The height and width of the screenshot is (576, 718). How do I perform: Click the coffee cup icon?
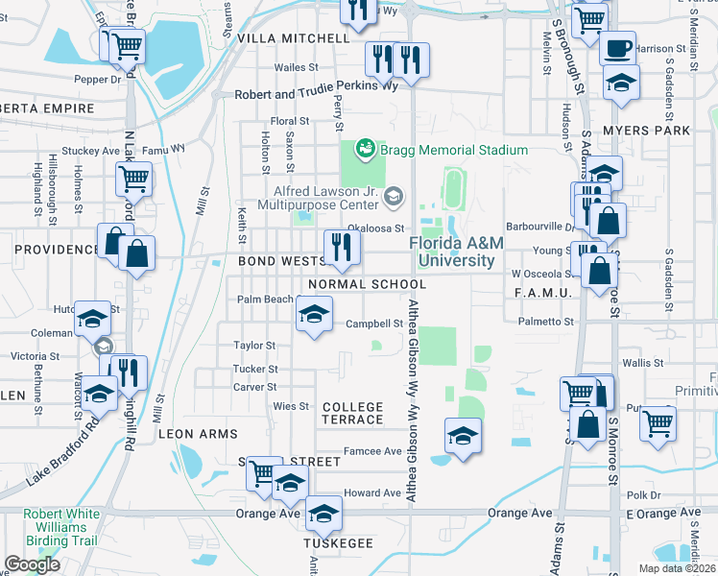point(618,46)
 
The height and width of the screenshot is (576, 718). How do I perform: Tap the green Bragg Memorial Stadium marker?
point(365,149)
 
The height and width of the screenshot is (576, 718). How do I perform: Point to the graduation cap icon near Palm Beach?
point(313,315)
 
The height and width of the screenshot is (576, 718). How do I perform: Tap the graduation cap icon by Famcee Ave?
point(463,437)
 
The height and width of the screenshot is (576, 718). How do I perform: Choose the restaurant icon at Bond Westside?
point(341,248)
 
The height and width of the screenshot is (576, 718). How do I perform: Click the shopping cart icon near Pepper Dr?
point(126,45)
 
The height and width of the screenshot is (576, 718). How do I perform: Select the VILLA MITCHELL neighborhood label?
point(293,38)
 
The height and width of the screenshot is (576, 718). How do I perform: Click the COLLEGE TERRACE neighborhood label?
point(353,414)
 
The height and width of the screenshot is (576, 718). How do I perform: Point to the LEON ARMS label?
point(198,434)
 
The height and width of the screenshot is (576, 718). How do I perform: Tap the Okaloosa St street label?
point(371,228)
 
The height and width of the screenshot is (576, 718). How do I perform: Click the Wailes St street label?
point(296,67)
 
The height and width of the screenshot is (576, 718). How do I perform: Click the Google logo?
point(32,564)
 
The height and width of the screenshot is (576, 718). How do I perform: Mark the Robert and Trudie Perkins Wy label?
point(316,96)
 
